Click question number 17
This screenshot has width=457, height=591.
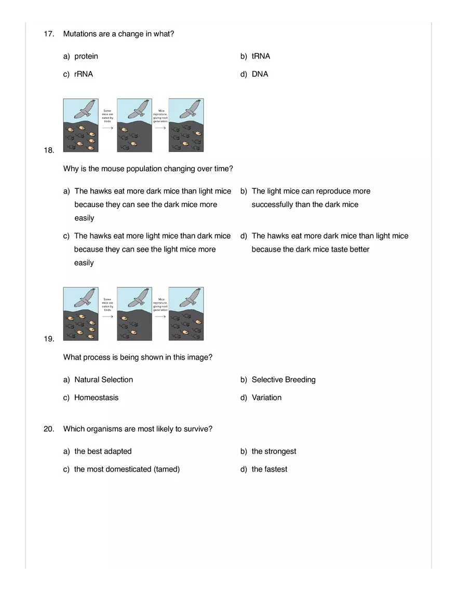click(49, 34)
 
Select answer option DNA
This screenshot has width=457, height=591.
click(260, 74)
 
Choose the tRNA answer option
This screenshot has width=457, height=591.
click(261, 56)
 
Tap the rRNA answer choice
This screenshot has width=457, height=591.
click(83, 74)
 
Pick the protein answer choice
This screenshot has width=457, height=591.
click(86, 56)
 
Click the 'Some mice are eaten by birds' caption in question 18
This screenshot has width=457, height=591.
click(107, 116)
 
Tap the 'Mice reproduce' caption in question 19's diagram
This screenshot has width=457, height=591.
click(160, 304)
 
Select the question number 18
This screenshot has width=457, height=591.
click(49, 150)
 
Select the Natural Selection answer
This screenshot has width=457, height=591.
click(103, 380)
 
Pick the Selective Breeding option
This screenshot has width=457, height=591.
click(283, 380)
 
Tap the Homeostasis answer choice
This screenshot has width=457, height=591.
click(96, 397)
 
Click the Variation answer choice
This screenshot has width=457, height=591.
click(266, 397)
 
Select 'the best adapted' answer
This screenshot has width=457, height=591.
click(103, 451)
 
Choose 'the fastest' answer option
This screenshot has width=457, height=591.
click(269, 469)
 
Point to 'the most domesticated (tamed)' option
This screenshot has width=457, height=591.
click(127, 469)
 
